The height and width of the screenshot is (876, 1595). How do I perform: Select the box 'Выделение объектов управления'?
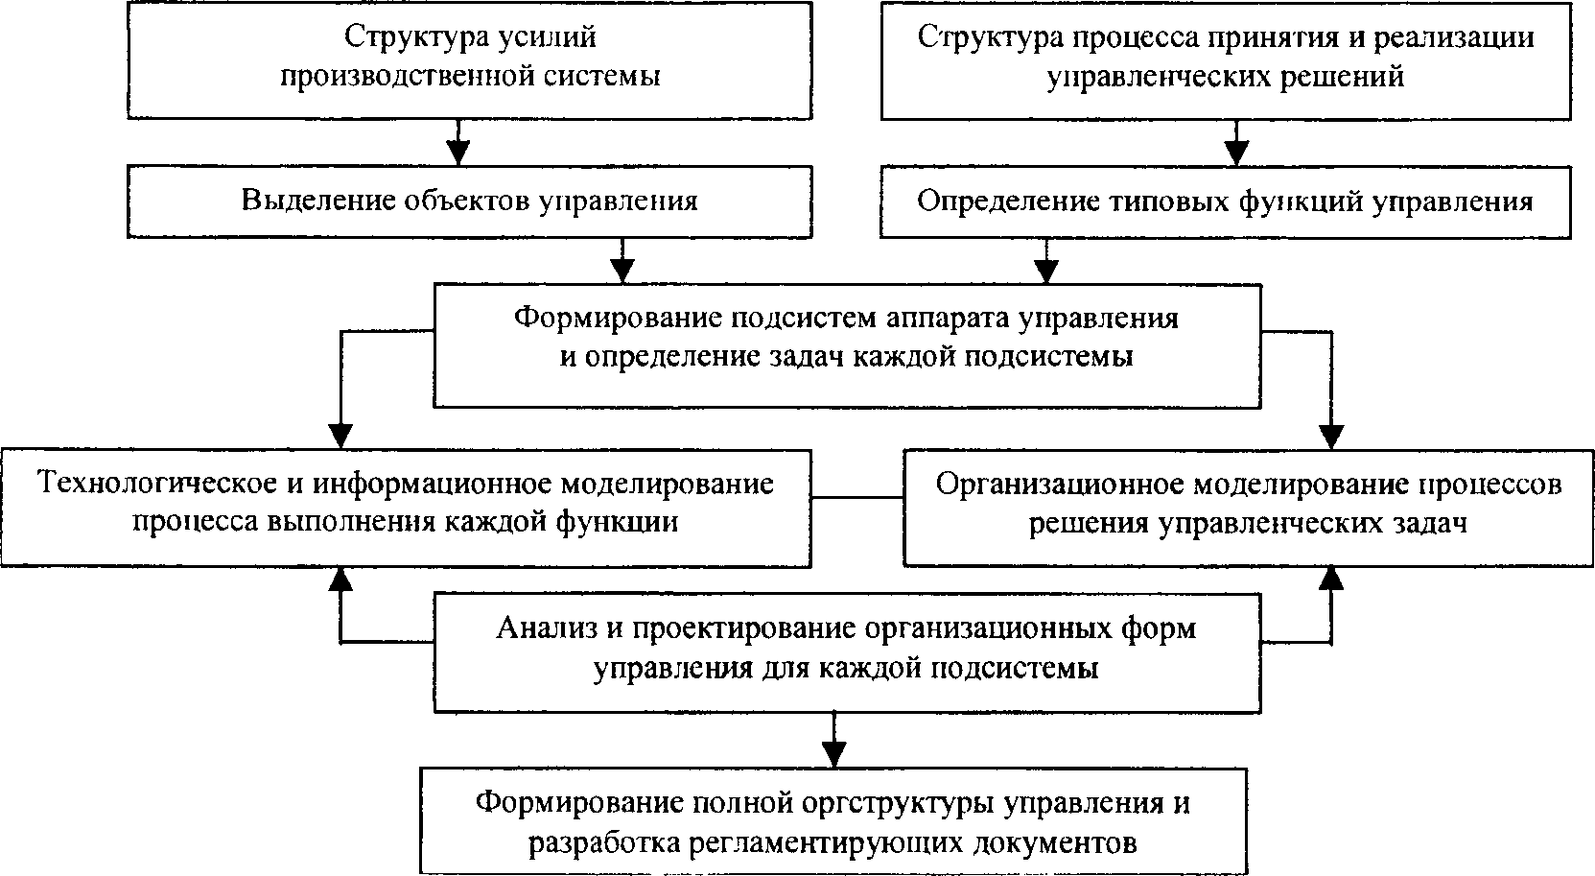pyautogui.click(x=468, y=201)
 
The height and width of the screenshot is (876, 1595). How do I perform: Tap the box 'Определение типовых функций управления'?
pyautogui.click(x=1226, y=201)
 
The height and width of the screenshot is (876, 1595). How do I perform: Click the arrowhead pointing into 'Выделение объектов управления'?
pyautogui.click(x=459, y=152)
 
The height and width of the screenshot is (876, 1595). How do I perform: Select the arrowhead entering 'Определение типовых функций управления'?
pyautogui.click(x=1237, y=152)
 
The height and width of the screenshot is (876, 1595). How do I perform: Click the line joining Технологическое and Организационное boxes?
pyautogui.click(x=856, y=497)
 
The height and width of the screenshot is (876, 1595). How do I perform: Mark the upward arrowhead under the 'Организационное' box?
pyautogui.click(x=1330, y=577)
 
